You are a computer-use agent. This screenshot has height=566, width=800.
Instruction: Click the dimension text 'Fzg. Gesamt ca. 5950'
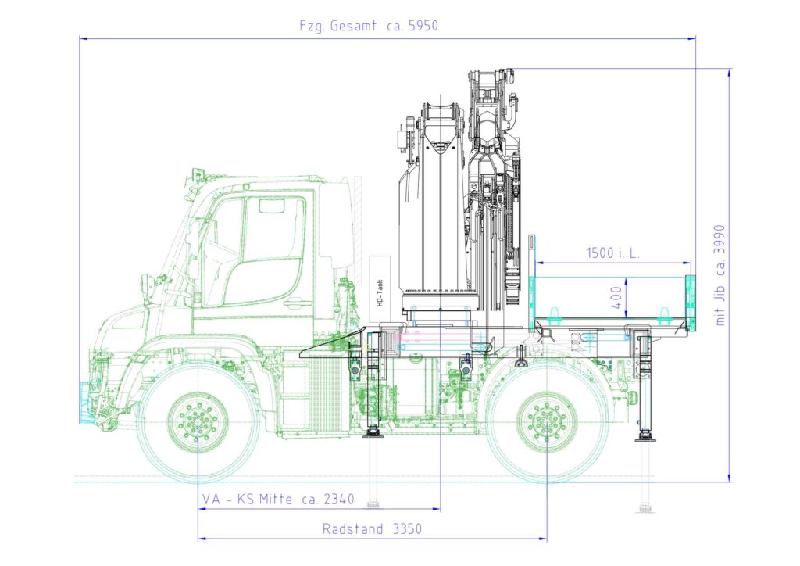click(369, 26)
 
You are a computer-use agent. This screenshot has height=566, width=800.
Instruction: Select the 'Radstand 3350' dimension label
click(372, 528)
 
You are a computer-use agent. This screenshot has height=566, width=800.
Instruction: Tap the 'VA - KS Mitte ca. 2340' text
click(278, 499)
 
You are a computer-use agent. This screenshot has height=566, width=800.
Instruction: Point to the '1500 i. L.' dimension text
click(612, 253)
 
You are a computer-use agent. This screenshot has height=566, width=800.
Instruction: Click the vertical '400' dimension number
click(616, 297)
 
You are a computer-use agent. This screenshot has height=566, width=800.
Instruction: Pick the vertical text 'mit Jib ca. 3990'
click(720, 275)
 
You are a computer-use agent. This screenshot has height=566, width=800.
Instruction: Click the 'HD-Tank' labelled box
click(380, 289)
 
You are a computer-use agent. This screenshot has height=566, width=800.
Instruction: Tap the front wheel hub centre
click(198, 423)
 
